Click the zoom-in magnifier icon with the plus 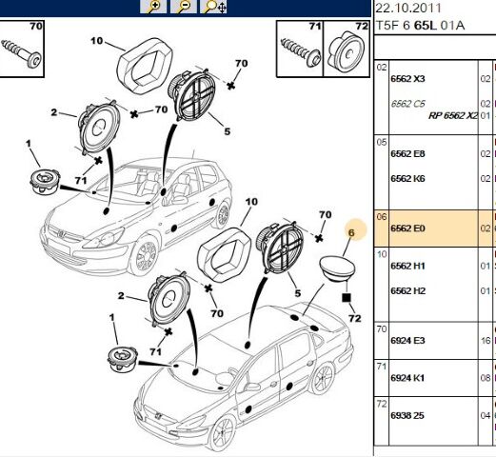coord(153,7)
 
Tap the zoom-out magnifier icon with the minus coord(183,7)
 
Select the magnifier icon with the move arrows coord(213,7)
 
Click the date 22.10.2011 coord(408,8)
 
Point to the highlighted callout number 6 coord(351,232)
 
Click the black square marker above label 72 coord(346,297)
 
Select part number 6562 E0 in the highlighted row coord(407,228)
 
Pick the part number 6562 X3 coord(407,79)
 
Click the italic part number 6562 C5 coord(407,104)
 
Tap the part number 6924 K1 coord(407,378)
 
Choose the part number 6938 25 coord(407,415)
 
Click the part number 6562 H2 coord(407,290)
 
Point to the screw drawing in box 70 coord(21,51)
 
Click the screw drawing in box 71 coord(301,52)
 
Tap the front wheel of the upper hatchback coord(144,255)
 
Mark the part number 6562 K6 coord(407,179)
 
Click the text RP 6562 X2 coord(453,116)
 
